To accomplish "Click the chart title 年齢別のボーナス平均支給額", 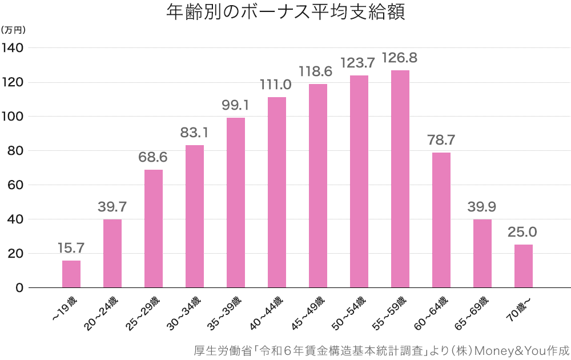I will pyautogui.click(x=285, y=13).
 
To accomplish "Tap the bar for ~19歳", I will pyautogui.click(x=71, y=274).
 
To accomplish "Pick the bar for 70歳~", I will pyautogui.click(x=523, y=266).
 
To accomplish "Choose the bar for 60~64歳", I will pyautogui.click(x=441, y=220).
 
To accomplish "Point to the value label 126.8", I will pyautogui.click(x=400, y=58).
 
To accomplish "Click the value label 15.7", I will pyautogui.click(x=71, y=248).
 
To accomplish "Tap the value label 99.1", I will pyautogui.click(x=235, y=106).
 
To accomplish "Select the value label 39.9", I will pyautogui.click(x=482, y=207).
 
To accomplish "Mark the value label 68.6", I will pyautogui.click(x=153, y=157).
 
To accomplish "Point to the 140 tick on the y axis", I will pyautogui.click(x=12, y=48).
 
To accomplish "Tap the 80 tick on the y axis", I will pyautogui.click(x=15, y=151).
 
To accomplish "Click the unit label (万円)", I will pyautogui.click(x=14, y=29).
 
